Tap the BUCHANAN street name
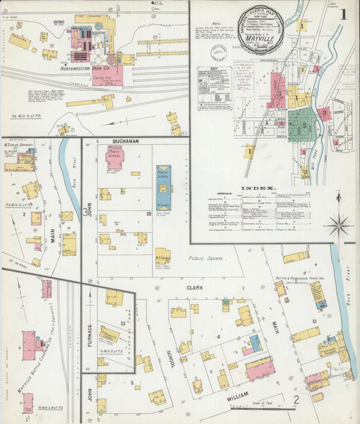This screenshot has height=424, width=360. (126, 141)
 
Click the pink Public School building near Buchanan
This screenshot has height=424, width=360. (115, 157)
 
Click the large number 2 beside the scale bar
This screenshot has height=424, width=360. (296, 403)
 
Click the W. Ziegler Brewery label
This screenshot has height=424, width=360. (19, 144)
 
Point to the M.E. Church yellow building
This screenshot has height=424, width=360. (162, 256)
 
